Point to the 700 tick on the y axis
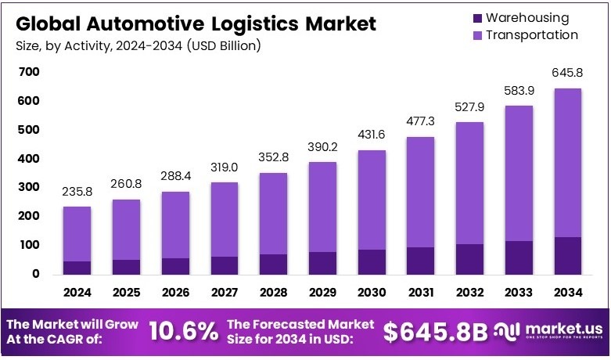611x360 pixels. click(x=29, y=72)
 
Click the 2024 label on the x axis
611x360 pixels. click(x=77, y=292)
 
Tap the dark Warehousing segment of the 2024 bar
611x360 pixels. click(x=77, y=268)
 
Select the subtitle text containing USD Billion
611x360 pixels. click(x=137, y=45)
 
